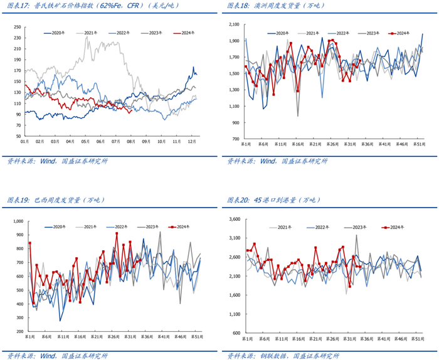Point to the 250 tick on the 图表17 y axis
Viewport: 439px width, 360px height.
16,27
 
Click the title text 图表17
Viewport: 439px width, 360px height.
18,6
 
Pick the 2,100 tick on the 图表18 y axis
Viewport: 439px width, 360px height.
233,24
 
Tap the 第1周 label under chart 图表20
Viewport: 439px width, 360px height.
246,337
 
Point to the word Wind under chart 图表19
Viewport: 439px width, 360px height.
48,356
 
